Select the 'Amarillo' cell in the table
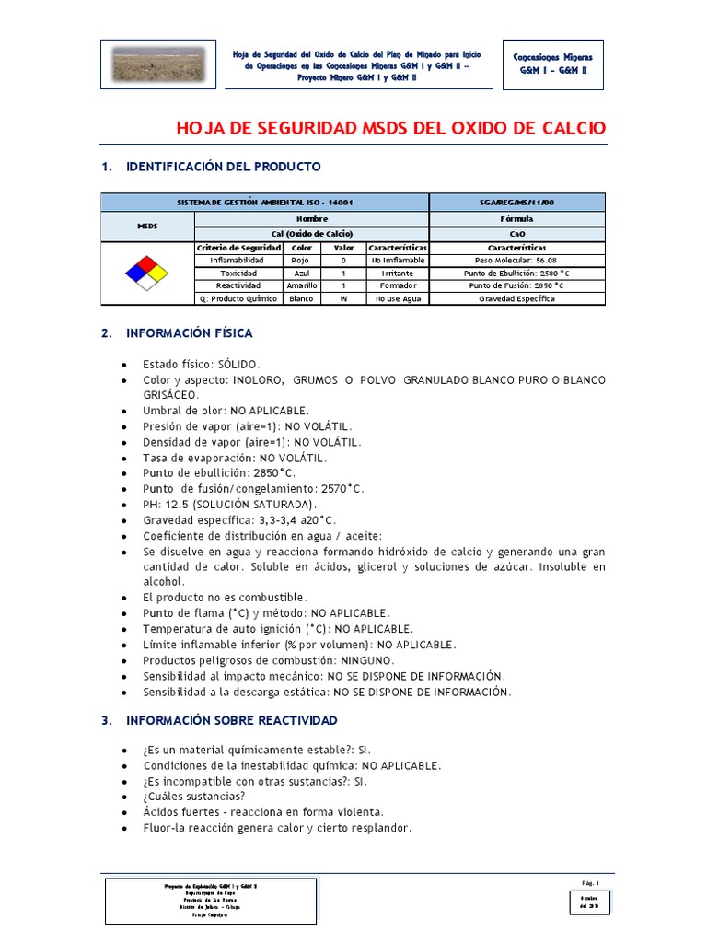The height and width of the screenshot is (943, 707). [x=301, y=286]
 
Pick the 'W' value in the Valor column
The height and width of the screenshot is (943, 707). [x=343, y=299]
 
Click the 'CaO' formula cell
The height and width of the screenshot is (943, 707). [x=516, y=234]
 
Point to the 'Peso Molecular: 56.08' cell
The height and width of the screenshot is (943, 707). [x=516, y=261]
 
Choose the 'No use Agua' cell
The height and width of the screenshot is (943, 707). [x=398, y=299]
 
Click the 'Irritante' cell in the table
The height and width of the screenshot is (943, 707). [x=398, y=274]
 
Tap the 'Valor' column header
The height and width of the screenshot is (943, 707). [x=343, y=248]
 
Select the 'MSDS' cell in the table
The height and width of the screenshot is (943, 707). [x=147, y=226]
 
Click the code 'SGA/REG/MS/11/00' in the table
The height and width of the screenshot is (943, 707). [x=516, y=202]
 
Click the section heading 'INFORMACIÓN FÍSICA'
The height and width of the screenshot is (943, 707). [x=189, y=332]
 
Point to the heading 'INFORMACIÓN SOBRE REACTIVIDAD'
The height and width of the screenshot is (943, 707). [x=231, y=720]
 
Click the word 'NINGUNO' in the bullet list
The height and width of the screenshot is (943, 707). [x=366, y=660]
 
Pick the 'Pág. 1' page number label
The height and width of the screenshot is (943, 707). [x=590, y=883]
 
